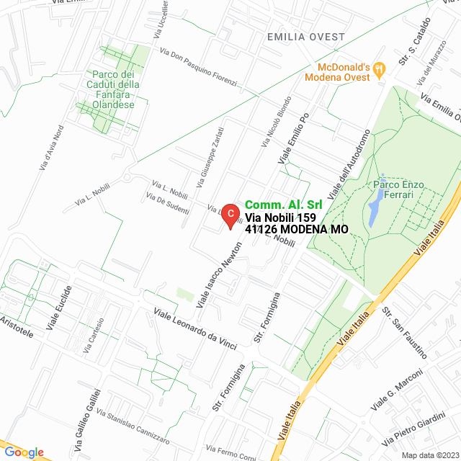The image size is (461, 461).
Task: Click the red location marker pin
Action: pyautogui.click(x=229, y=215)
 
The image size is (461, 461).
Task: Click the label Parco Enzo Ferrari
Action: pyautogui.click(x=398, y=189)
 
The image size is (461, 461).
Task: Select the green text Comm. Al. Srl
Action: pyautogui.click(x=283, y=205)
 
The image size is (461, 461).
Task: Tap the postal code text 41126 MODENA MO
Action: pyautogui.click(x=297, y=230)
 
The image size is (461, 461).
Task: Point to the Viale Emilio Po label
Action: pyautogui.click(x=294, y=137)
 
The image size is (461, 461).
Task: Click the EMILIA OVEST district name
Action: pyautogui.click(x=305, y=36)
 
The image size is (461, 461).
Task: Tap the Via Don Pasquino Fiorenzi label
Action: pyautogui.click(x=199, y=67)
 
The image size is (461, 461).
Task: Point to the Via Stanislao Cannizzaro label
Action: pyautogui.click(x=133, y=426)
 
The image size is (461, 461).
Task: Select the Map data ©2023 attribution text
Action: pyautogui.click(x=429, y=455)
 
